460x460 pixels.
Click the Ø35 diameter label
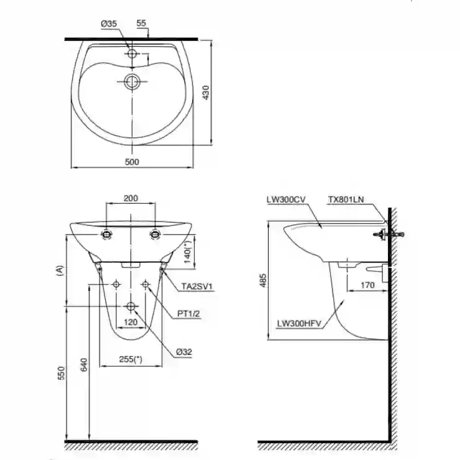click(x=109, y=24)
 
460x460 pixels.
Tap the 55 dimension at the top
click(x=141, y=23)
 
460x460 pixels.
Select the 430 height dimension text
click(x=206, y=93)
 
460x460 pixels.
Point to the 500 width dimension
click(x=132, y=162)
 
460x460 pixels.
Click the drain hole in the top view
click(x=132, y=81)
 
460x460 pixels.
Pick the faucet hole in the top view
click(x=132, y=53)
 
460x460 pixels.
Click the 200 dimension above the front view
click(x=131, y=198)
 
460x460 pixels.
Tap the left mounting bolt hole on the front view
click(x=106, y=234)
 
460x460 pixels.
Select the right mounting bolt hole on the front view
click(x=155, y=234)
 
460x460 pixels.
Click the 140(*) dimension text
click(x=188, y=251)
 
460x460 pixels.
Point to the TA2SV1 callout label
click(x=196, y=287)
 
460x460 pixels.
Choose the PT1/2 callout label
click(x=188, y=314)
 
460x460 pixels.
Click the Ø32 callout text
click(x=184, y=352)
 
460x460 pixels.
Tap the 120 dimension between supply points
click(x=131, y=323)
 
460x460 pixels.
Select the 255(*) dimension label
click(x=131, y=359)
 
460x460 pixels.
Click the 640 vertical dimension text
click(x=84, y=365)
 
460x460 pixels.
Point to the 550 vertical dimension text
click(x=62, y=373)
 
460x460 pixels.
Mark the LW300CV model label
click(x=286, y=200)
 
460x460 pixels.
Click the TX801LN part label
click(x=346, y=200)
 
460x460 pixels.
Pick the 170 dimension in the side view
click(x=367, y=285)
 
